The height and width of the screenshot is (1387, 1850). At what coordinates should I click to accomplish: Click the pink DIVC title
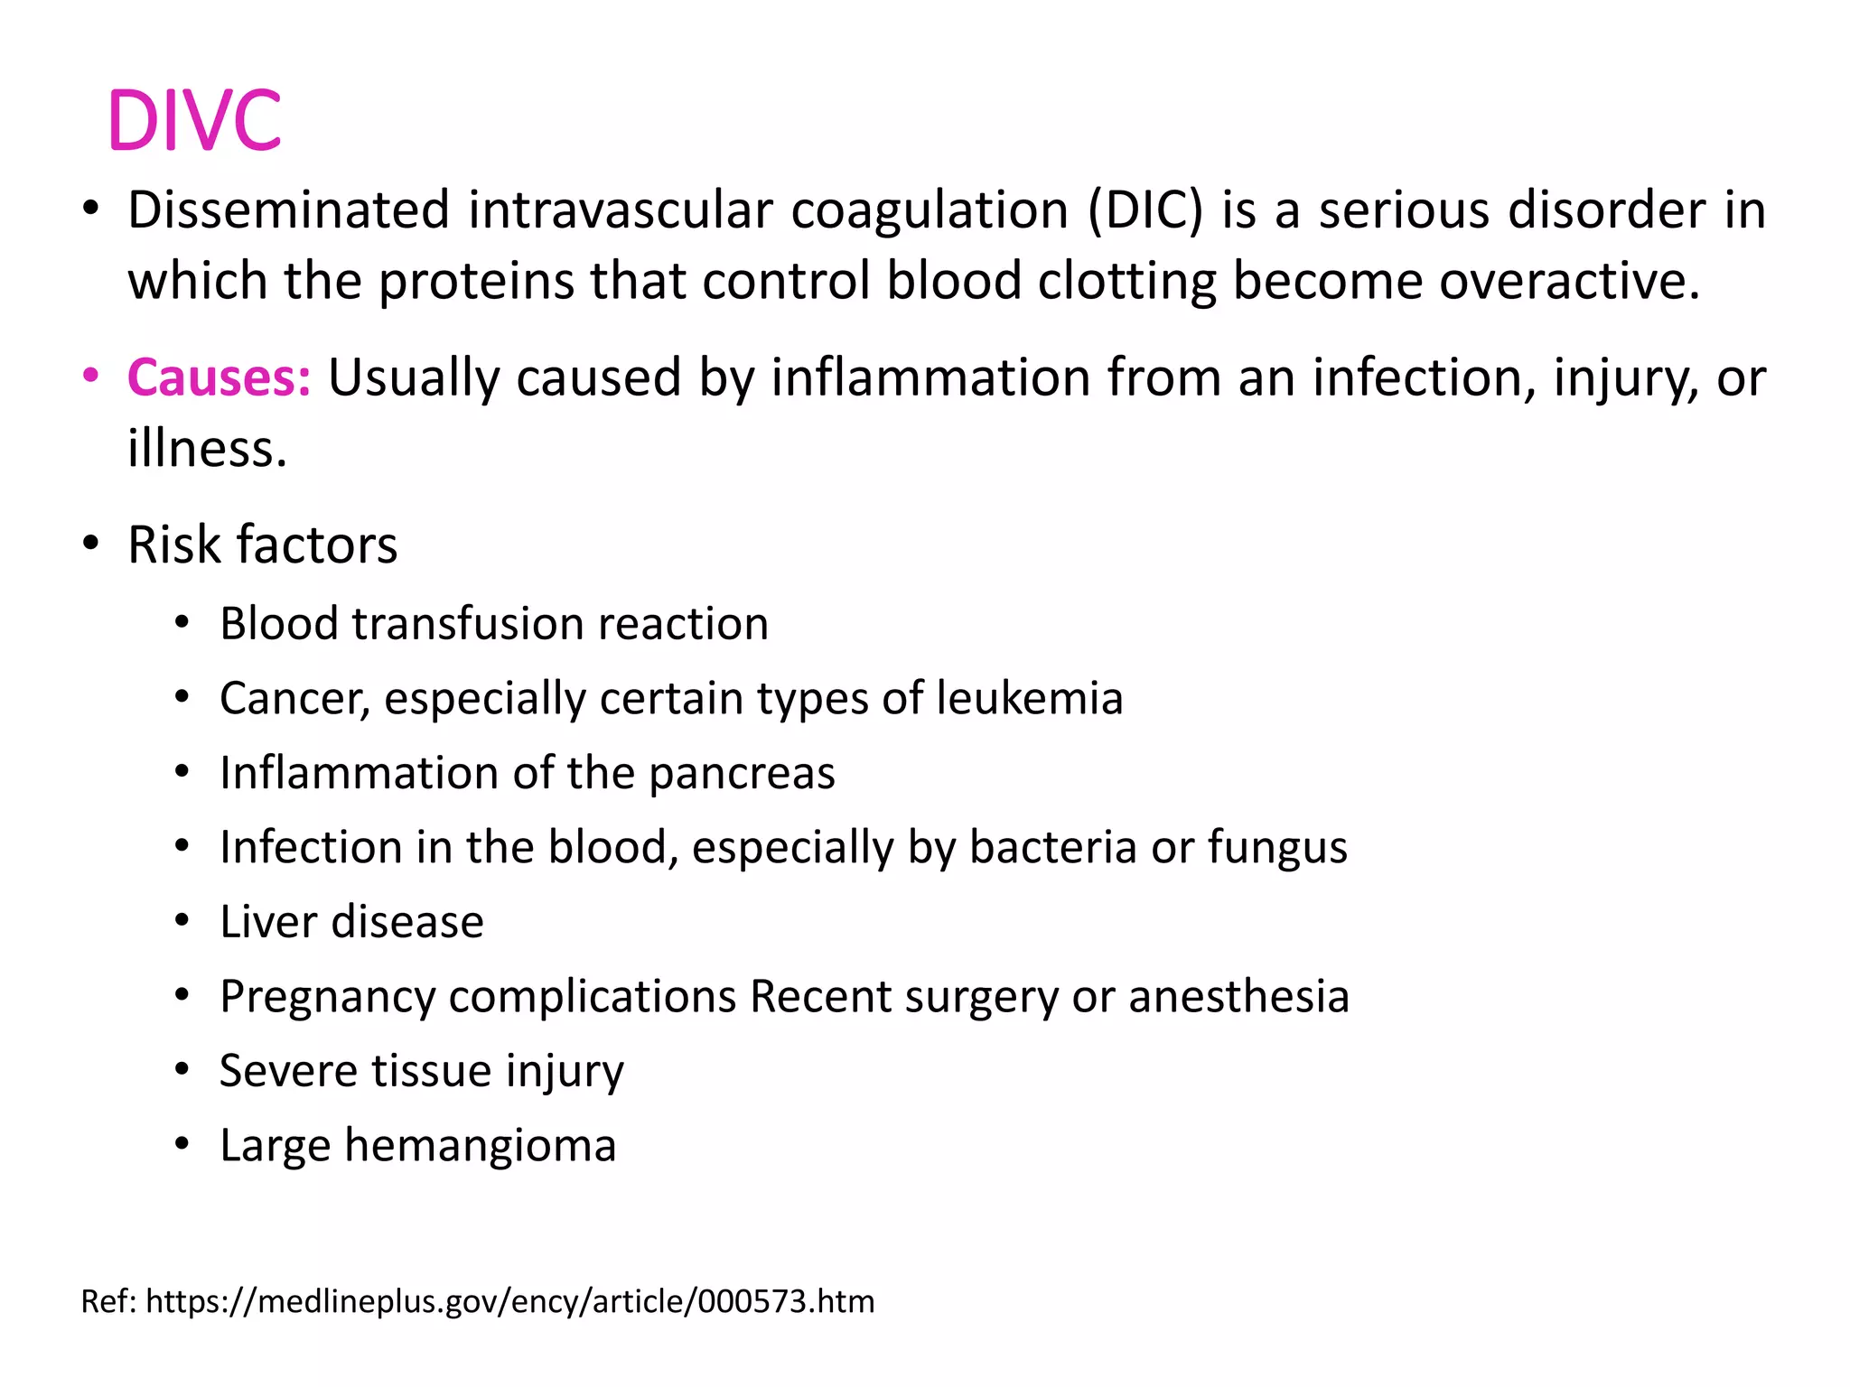(194, 120)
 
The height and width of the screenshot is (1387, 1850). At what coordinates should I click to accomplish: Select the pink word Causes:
(219, 377)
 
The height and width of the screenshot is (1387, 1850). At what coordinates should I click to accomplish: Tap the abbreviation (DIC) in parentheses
(1145, 210)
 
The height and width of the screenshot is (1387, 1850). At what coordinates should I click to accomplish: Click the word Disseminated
(288, 210)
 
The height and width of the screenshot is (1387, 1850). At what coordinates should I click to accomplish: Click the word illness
(207, 449)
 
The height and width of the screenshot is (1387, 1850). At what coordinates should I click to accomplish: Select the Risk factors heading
(262, 545)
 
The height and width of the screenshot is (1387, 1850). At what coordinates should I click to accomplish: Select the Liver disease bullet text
(351, 922)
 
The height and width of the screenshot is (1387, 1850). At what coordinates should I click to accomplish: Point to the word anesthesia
(1238, 997)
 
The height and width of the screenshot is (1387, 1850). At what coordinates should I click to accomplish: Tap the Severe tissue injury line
(421, 1072)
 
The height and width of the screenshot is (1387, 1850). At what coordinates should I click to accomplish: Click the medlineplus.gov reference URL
(509, 1301)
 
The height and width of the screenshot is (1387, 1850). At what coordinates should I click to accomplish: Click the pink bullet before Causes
(90, 376)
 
